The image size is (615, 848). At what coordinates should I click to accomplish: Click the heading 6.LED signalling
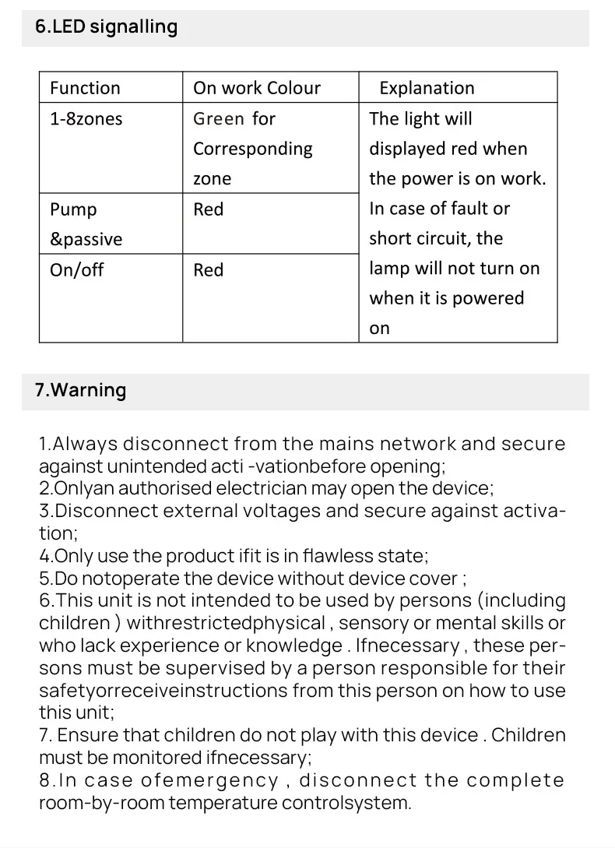pyautogui.click(x=106, y=27)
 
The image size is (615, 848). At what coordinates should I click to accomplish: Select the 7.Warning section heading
pyautogui.click(x=80, y=390)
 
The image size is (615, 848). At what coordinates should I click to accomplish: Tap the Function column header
pyautogui.click(x=85, y=88)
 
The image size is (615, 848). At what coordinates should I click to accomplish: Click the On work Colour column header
pyautogui.click(x=256, y=88)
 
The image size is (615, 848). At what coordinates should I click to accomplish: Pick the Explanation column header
pyautogui.click(x=426, y=88)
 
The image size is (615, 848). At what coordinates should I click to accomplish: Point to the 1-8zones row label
pyautogui.click(x=86, y=119)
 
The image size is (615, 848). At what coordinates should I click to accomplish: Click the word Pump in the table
pyautogui.click(x=73, y=210)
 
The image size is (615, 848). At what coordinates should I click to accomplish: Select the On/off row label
pyautogui.click(x=76, y=270)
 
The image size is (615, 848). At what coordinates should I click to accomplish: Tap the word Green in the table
pyautogui.click(x=219, y=119)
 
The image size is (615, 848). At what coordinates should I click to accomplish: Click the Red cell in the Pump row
pyautogui.click(x=208, y=209)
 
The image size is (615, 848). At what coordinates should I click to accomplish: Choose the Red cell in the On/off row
pyautogui.click(x=208, y=270)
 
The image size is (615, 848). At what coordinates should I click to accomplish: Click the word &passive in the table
pyautogui.click(x=86, y=240)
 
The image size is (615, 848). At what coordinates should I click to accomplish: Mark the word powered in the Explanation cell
pyautogui.click(x=488, y=298)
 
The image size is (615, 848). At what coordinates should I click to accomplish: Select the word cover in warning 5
pyautogui.click(x=437, y=579)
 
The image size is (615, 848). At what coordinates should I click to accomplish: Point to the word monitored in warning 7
pyautogui.click(x=158, y=757)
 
